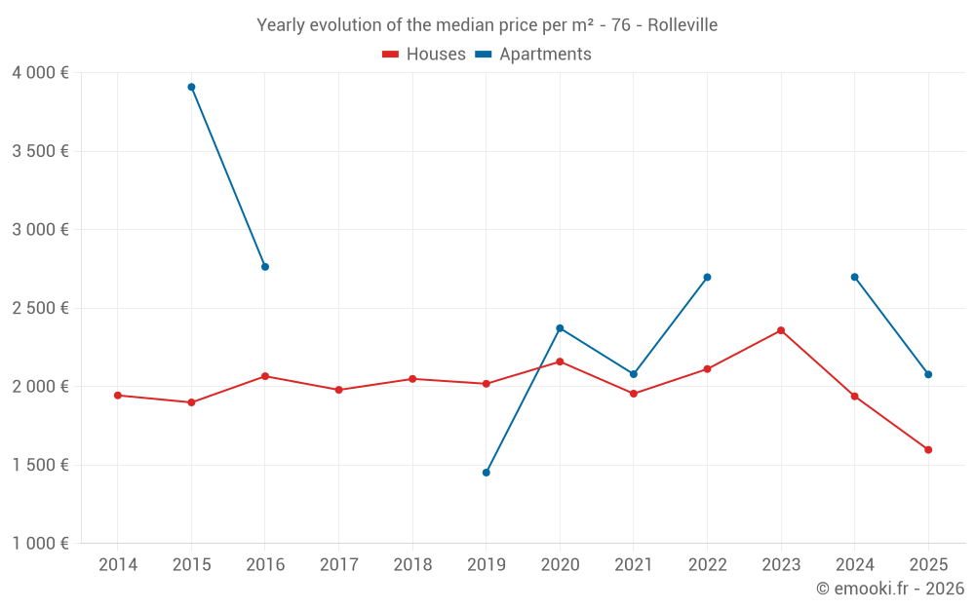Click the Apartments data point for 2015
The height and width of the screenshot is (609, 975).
pos(191,87)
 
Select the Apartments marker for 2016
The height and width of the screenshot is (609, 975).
pos(265,267)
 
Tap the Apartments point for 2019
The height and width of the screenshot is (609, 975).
pos(487,473)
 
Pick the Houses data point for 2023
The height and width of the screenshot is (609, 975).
pos(781,330)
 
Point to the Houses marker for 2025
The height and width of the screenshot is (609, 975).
pos(928,450)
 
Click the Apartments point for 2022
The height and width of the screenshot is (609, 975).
pos(707,277)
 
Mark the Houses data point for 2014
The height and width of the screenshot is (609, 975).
pos(118,396)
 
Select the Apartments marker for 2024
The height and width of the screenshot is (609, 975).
pos(855,277)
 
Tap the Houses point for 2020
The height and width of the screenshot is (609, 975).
pos(560,362)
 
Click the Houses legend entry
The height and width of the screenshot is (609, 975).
pos(424,55)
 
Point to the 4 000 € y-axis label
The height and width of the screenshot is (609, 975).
pos(40,73)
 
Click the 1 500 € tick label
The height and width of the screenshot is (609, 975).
pos(40,465)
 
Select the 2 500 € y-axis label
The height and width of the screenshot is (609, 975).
pos(40,308)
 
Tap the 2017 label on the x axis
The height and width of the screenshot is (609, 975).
pos(338,565)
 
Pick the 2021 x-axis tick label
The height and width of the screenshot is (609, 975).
pos(634,565)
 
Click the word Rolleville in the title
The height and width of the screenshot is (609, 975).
pos(682,25)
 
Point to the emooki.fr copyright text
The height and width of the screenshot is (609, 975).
pos(889,589)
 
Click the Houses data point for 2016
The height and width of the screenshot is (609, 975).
pos(265,376)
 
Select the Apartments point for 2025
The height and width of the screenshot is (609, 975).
pos(928,374)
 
